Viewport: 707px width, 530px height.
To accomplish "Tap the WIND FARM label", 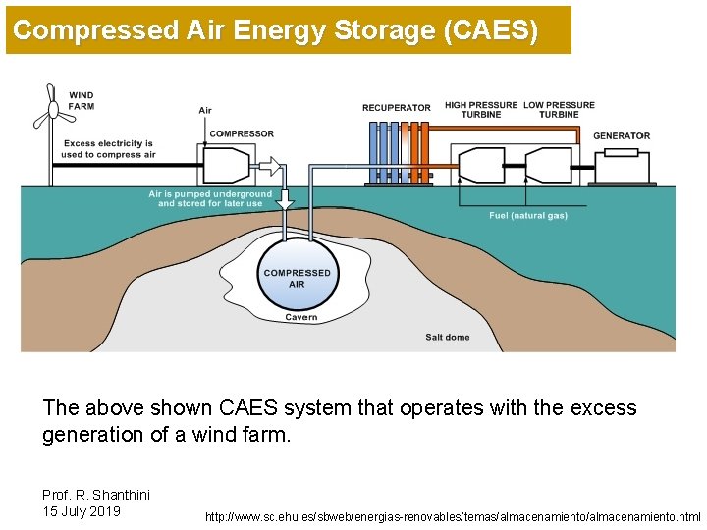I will (82, 101).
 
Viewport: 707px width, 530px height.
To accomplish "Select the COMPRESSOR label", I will (242, 133).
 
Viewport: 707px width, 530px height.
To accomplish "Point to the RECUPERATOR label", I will (396, 108).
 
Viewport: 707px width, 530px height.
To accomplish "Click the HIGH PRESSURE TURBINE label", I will (481, 109).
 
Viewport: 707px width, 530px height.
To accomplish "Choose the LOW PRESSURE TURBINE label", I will (559, 109).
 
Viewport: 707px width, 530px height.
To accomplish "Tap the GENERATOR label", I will (622, 135).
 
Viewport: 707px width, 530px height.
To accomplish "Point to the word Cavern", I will (301, 317).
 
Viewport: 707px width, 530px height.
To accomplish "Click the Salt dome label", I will (448, 337).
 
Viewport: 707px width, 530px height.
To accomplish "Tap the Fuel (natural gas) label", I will (528, 216).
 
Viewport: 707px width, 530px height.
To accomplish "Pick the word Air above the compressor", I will (205, 110).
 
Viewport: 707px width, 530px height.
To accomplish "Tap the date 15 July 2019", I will (82, 510).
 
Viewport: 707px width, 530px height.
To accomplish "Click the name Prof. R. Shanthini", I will (96, 494).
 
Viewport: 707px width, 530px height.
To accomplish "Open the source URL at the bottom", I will (453, 515).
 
